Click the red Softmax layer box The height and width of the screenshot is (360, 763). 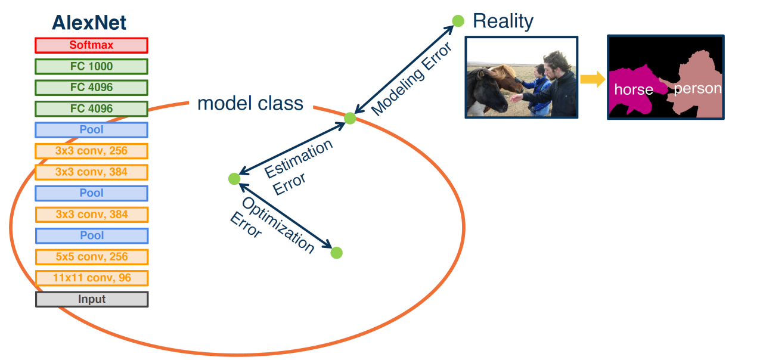click(x=91, y=45)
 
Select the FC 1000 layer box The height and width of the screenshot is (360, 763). click(x=91, y=66)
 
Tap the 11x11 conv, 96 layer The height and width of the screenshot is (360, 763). click(x=91, y=278)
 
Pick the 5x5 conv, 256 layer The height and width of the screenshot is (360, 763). click(x=91, y=257)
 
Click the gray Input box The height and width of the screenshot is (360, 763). click(x=91, y=299)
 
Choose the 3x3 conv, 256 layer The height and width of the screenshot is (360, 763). click(x=91, y=151)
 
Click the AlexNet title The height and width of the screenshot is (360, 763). click(x=89, y=23)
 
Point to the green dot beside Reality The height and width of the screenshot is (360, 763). click(x=458, y=21)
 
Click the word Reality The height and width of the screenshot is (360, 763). click(x=503, y=21)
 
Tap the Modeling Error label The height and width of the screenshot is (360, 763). click(x=411, y=80)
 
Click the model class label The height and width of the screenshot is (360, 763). click(x=250, y=104)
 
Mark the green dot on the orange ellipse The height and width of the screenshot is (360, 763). click(x=350, y=118)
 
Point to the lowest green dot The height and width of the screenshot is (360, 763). click(x=336, y=253)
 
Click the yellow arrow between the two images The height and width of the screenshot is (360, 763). click(x=592, y=79)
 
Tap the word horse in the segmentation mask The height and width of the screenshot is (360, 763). click(x=634, y=90)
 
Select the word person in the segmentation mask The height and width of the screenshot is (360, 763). click(x=697, y=89)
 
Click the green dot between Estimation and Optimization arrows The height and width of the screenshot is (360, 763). click(x=234, y=178)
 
